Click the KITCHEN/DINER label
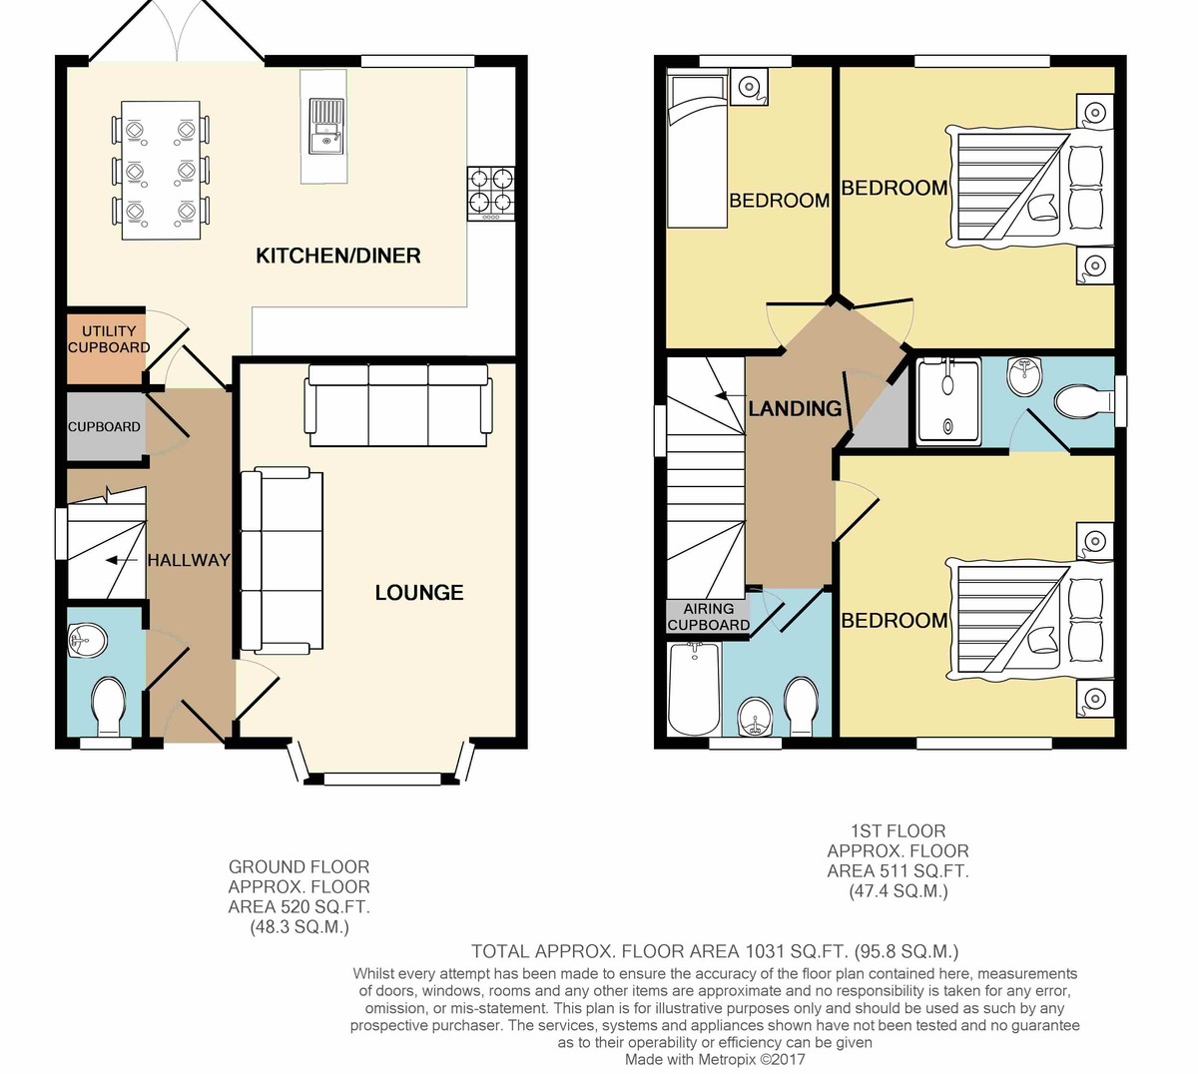[x=338, y=256]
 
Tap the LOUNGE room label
[x=419, y=593]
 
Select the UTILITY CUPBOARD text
[x=109, y=339]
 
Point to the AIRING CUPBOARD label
[x=709, y=616]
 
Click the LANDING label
[x=795, y=408]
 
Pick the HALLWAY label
[x=189, y=560]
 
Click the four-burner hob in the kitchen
[x=491, y=194]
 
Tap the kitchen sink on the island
[x=325, y=126]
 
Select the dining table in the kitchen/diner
[x=161, y=171]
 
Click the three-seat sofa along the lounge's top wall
[x=398, y=405]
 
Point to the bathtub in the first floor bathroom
[x=694, y=689]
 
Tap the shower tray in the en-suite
[x=948, y=401]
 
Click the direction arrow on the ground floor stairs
[x=122, y=561]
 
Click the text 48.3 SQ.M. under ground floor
[x=299, y=926]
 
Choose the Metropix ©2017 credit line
[x=714, y=1059]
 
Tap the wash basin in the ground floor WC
[x=88, y=640]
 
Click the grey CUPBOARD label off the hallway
[x=104, y=426]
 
